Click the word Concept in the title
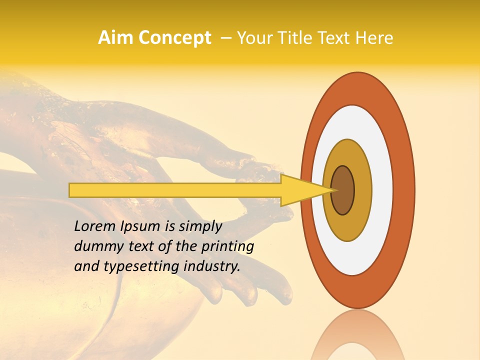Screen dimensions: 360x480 pyautogui.click(x=174, y=38)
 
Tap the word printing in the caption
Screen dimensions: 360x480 pyautogui.click(x=227, y=246)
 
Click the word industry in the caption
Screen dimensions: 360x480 pyautogui.click(x=211, y=266)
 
